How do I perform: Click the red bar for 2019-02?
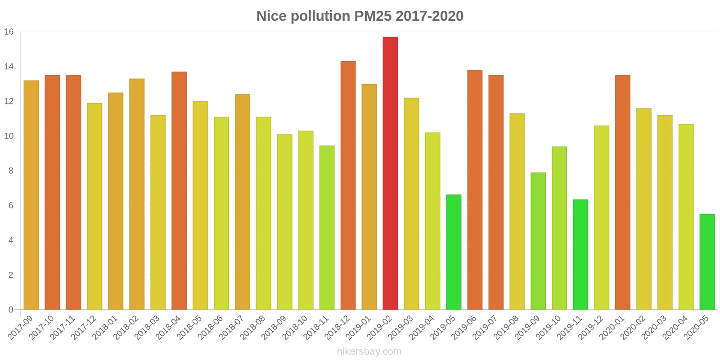click(390, 173)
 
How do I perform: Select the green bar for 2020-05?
click(707, 262)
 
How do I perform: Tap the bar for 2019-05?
click(454, 252)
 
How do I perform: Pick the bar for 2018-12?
click(348, 185)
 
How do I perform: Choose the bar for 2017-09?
click(31, 195)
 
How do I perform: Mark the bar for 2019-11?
click(580, 255)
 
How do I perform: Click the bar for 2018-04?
click(179, 191)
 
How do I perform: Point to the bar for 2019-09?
click(538, 241)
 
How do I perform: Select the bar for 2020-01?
click(623, 193)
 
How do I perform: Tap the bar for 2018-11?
click(327, 228)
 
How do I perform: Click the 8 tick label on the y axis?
click(11, 171)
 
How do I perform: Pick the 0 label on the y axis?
click(11, 310)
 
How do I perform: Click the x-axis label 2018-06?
click(210, 328)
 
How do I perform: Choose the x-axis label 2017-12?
click(84, 328)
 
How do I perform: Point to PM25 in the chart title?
click(373, 16)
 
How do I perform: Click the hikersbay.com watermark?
click(369, 351)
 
